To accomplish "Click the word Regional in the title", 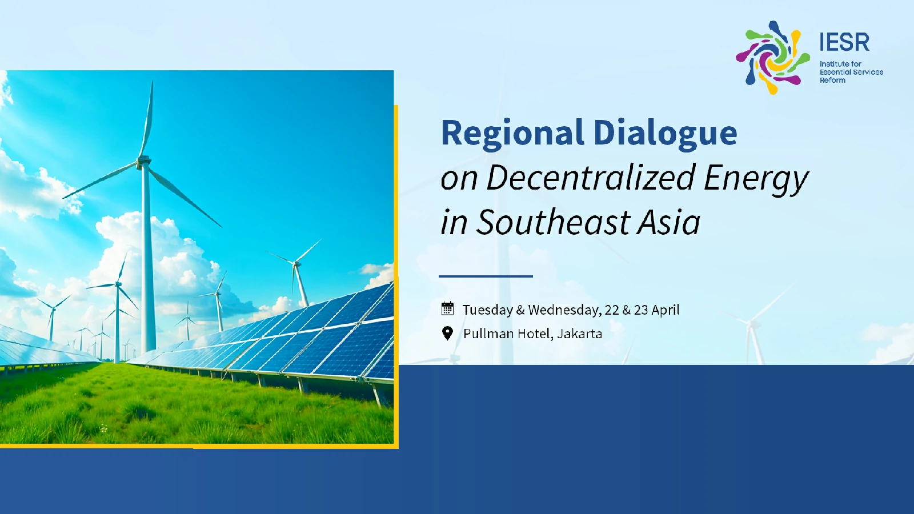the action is (x=512, y=134).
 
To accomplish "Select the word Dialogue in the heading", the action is (x=666, y=134).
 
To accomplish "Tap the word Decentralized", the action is (x=591, y=178).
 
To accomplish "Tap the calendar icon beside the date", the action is (x=448, y=309).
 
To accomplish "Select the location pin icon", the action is (x=448, y=334).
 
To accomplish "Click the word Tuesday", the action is (x=488, y=310).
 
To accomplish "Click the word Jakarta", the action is (x=579, y=334).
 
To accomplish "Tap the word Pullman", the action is (x=488, y=334).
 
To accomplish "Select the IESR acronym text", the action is (x=844, y=42).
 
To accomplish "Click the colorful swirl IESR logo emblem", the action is (x=772, y=58).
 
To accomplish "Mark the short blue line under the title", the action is (x=486, y=276).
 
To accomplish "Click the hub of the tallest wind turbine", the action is (x=143, y=161).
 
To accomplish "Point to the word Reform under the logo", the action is (x=833, y=81).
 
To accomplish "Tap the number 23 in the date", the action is (x=641, y=310).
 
